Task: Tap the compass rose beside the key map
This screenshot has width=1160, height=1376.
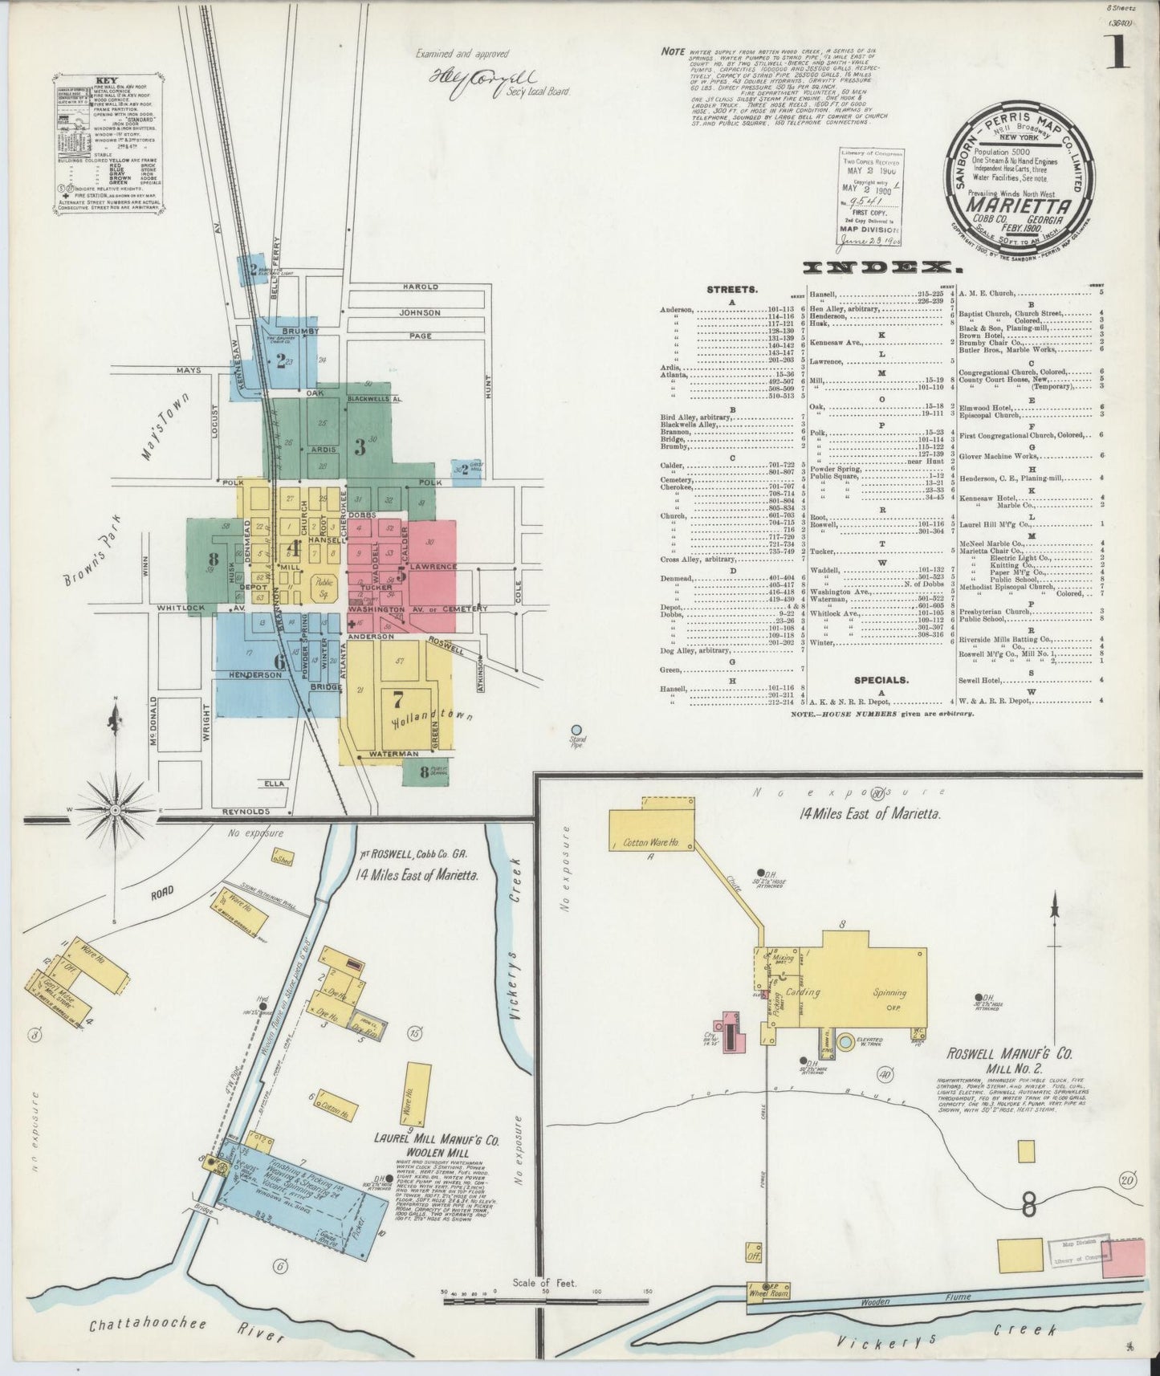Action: (115, 810)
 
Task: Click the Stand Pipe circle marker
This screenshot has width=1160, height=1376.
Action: (576, 731)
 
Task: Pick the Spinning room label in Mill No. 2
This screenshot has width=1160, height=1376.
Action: (890, 992)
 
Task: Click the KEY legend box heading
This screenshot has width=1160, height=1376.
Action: (105, 81)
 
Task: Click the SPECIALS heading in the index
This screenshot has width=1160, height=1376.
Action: (881, 679)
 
